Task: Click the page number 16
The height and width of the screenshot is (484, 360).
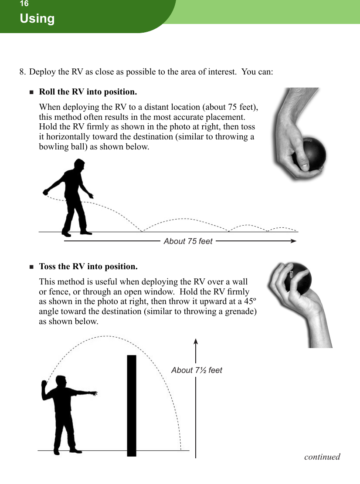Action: (24, 4)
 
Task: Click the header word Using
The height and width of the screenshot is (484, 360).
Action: (37, 19)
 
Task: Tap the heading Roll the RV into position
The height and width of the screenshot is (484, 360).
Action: (88, 92)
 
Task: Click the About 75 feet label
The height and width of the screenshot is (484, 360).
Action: (188, 241)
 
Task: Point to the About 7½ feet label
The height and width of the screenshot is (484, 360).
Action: (197, 370)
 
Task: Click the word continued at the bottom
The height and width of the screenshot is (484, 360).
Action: (322, 457)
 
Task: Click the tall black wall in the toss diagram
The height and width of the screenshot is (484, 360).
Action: (132, 405)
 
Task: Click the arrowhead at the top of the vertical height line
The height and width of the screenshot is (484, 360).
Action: (196, 343)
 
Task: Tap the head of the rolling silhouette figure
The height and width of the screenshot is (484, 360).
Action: (79, 165)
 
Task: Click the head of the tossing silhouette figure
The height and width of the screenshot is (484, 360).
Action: (61, 381)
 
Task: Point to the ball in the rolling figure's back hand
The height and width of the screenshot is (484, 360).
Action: (45, 192)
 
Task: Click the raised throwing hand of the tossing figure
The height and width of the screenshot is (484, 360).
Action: (44, 384)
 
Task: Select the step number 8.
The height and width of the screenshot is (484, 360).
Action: (22, 71)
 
